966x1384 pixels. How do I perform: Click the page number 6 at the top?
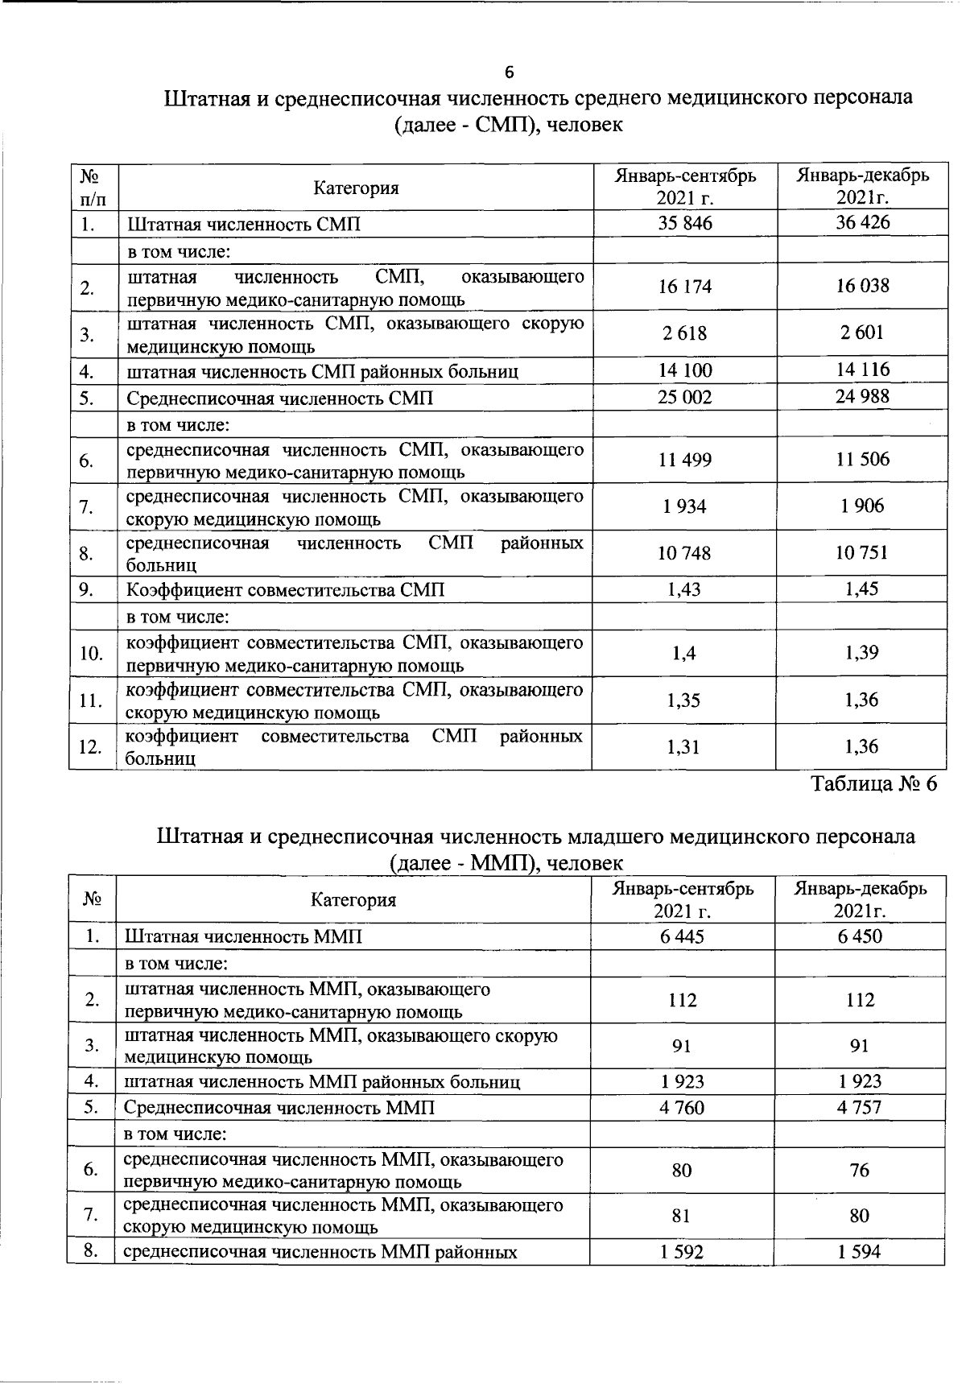pos(509,72)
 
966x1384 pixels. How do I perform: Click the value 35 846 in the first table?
pos(685,223)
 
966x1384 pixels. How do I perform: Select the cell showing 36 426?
pos(862,222)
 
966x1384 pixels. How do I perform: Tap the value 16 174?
pos(685,287)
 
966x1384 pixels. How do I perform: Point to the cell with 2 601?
pos(862,333)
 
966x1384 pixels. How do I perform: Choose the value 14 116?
pos(862,370)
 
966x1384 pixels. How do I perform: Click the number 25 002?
pos(685,397)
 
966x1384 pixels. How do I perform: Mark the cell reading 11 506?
pos(862,460)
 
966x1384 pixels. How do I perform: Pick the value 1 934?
pos(685,506)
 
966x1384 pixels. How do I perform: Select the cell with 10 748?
pos(685,553)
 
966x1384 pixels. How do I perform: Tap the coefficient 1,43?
pos(684,589)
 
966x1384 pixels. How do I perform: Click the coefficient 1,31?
pos(684,746)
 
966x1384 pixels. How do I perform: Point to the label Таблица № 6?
pos(873,784)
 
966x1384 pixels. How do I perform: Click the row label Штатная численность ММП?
pos(243,937)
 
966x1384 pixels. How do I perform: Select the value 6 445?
pos(682,936)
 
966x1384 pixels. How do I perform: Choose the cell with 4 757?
pos(859,1108)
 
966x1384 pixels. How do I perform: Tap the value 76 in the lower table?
pos(859,1170)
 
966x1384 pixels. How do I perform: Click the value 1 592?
pos(682,1252)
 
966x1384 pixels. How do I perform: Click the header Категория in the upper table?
pos(356,188)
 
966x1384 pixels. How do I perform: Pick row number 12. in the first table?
pos(90,747)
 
